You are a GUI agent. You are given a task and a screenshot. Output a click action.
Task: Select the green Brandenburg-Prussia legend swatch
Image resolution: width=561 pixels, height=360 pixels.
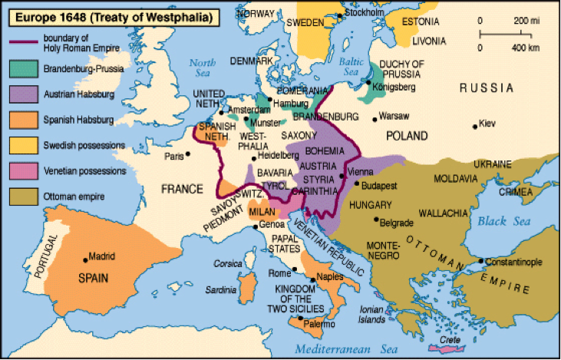pos(25,68)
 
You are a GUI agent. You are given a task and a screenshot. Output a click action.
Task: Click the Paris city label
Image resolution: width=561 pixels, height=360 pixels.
pos(173,157)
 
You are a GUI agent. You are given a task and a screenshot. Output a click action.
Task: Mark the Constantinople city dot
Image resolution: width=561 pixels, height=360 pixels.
pos(481,261)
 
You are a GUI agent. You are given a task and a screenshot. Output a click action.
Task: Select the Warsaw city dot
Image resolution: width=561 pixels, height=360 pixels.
pos(375,117)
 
